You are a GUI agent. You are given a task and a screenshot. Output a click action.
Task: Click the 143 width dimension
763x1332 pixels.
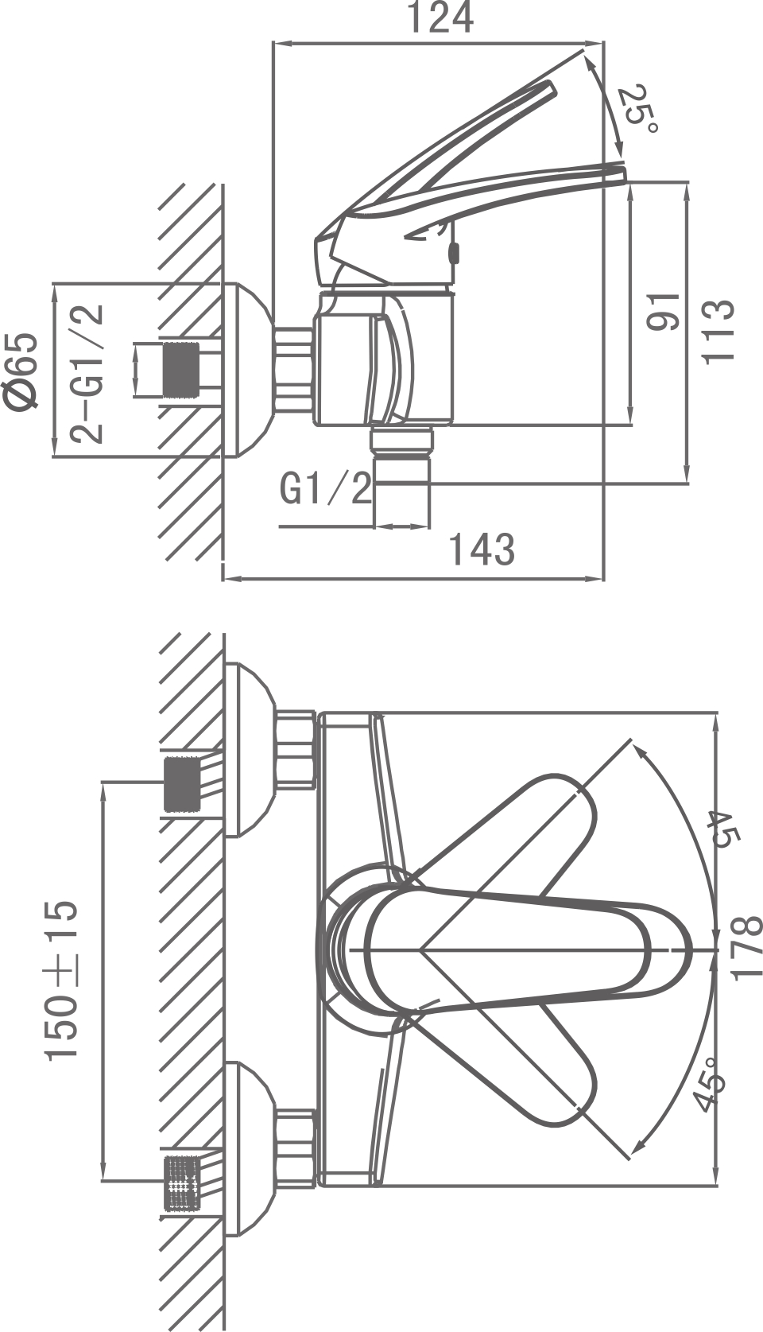(x=482, y=549)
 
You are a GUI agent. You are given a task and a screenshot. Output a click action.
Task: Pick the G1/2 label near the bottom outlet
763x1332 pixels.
(x=326, y=489)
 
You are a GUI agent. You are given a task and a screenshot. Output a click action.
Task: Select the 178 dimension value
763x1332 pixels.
(x=745, y=949)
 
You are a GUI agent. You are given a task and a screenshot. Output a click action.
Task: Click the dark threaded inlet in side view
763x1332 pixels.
(x=180, y=369)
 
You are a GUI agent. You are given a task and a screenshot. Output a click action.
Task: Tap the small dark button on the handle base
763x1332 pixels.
(x=454, y=254)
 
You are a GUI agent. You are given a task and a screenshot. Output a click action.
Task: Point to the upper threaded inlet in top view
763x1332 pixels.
(x=180, y=785)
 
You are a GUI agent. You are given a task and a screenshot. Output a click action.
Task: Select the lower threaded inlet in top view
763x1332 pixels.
(x=180, y=1183)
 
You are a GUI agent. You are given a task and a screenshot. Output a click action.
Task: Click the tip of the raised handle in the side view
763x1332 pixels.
(x=550, y=85)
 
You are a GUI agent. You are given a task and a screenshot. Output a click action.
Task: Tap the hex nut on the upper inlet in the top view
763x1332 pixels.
(x=296, y=751)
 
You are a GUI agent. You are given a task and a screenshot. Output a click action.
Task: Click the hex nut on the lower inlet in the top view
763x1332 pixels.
(x=296, y=1149)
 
